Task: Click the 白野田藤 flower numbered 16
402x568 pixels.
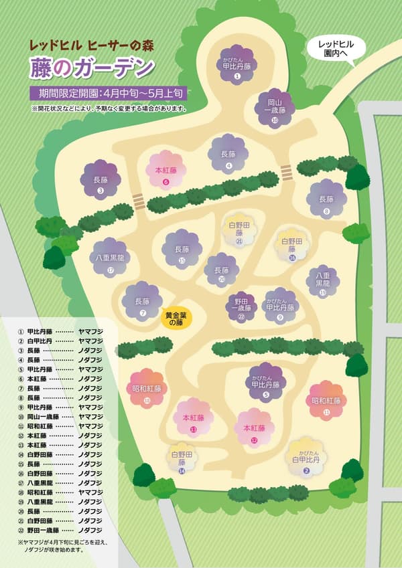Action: [x=292, y=246]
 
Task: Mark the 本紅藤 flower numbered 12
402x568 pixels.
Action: [x=254, y=428]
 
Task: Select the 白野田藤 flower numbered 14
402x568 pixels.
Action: [x=182, y=459]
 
